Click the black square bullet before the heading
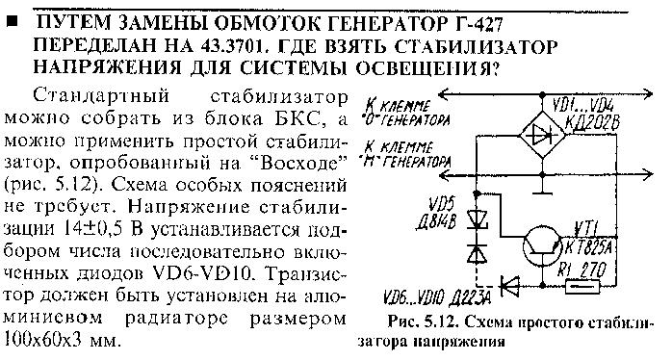pyautogui.click(x=12, y=22)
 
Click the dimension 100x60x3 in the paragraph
pyautogui.click(x=43, y=341)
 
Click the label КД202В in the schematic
pyautogui.click(x=593, y=123)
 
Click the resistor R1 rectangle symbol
pyautogui.click(x=582, y=286)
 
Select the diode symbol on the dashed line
pyautogui.click(x=509, y=286)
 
